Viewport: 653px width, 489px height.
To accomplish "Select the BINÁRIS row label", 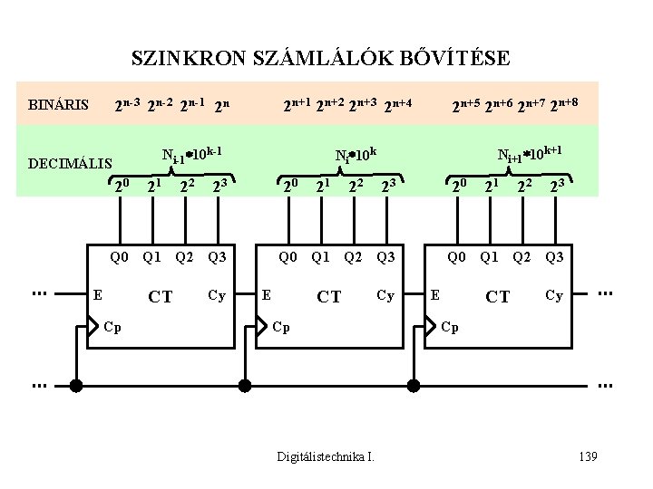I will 59,105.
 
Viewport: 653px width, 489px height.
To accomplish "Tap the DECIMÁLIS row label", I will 71,163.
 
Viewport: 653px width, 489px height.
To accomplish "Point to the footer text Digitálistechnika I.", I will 326,455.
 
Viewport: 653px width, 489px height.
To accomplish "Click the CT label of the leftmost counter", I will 161,296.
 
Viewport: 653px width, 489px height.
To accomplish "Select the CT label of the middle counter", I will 329,296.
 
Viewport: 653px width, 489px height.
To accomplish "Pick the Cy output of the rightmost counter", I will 553,294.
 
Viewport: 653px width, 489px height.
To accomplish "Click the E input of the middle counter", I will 266,294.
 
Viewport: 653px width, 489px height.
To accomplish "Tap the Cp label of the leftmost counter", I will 112,326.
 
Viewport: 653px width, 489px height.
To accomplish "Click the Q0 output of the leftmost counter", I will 120,256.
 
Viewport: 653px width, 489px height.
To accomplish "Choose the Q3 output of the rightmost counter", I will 553,256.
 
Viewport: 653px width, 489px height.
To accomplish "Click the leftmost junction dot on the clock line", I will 76,386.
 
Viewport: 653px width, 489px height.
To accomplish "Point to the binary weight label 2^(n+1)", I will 297,105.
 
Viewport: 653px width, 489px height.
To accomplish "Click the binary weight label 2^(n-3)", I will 126,105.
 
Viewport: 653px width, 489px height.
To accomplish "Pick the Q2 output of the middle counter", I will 353,256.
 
